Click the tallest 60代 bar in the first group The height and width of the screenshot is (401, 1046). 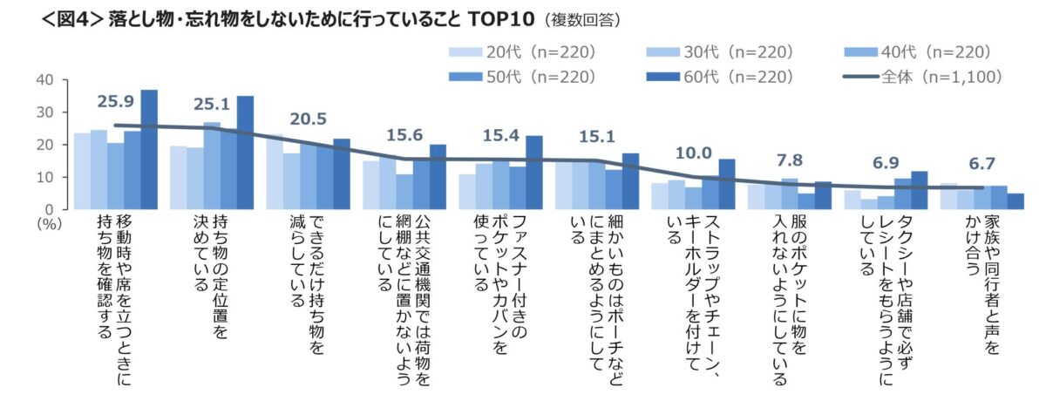pos(149,149)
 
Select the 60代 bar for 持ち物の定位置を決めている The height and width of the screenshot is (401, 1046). pos(245,153)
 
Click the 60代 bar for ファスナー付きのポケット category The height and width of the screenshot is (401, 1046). pos(534,173)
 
